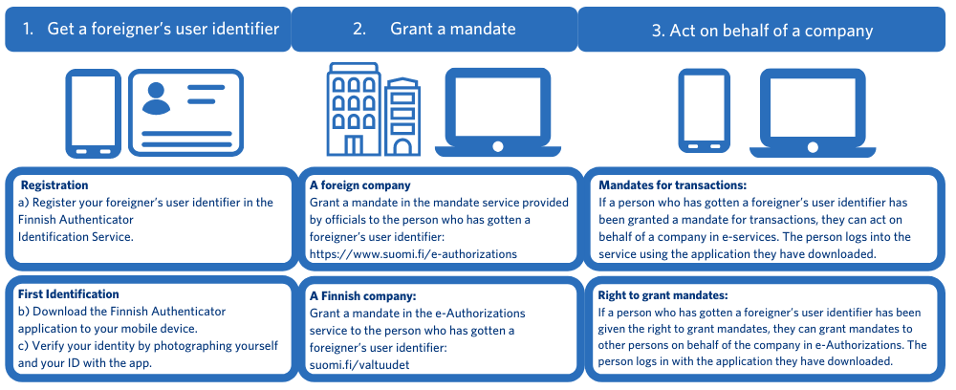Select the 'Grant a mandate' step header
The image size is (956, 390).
click(x=452, y=29)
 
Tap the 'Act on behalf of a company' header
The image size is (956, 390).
click(x=771, y=31)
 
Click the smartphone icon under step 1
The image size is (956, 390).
click(x=93, y=113)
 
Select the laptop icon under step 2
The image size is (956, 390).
click(x=497, y=112)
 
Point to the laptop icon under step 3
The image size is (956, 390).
click(x=812, y=112)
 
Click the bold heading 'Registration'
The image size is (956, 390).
click(x=54, y=185)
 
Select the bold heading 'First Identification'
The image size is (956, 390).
click(x=70, y=294)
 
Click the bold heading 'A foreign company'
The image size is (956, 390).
click(x=359, y=185)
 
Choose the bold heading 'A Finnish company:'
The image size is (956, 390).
click(x=362, y=295)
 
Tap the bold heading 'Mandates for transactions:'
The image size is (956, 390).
click(x=672, y=185)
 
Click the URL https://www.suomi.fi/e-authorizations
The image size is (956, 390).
click(x=413, y=254)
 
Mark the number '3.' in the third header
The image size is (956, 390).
click(x=658, y=31)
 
